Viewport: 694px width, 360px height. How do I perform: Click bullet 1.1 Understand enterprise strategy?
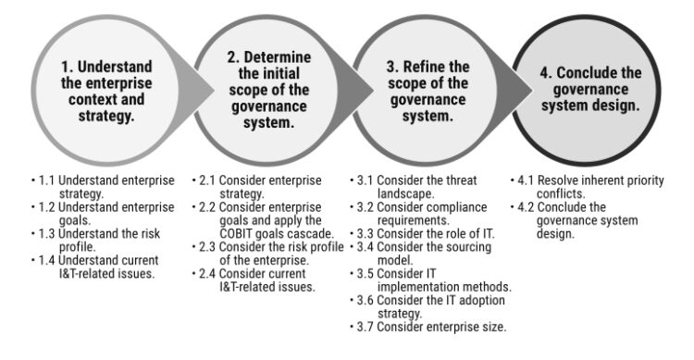103,187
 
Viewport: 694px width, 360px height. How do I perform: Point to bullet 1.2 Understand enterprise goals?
103,213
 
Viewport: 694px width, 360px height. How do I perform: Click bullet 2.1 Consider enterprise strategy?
258,187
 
